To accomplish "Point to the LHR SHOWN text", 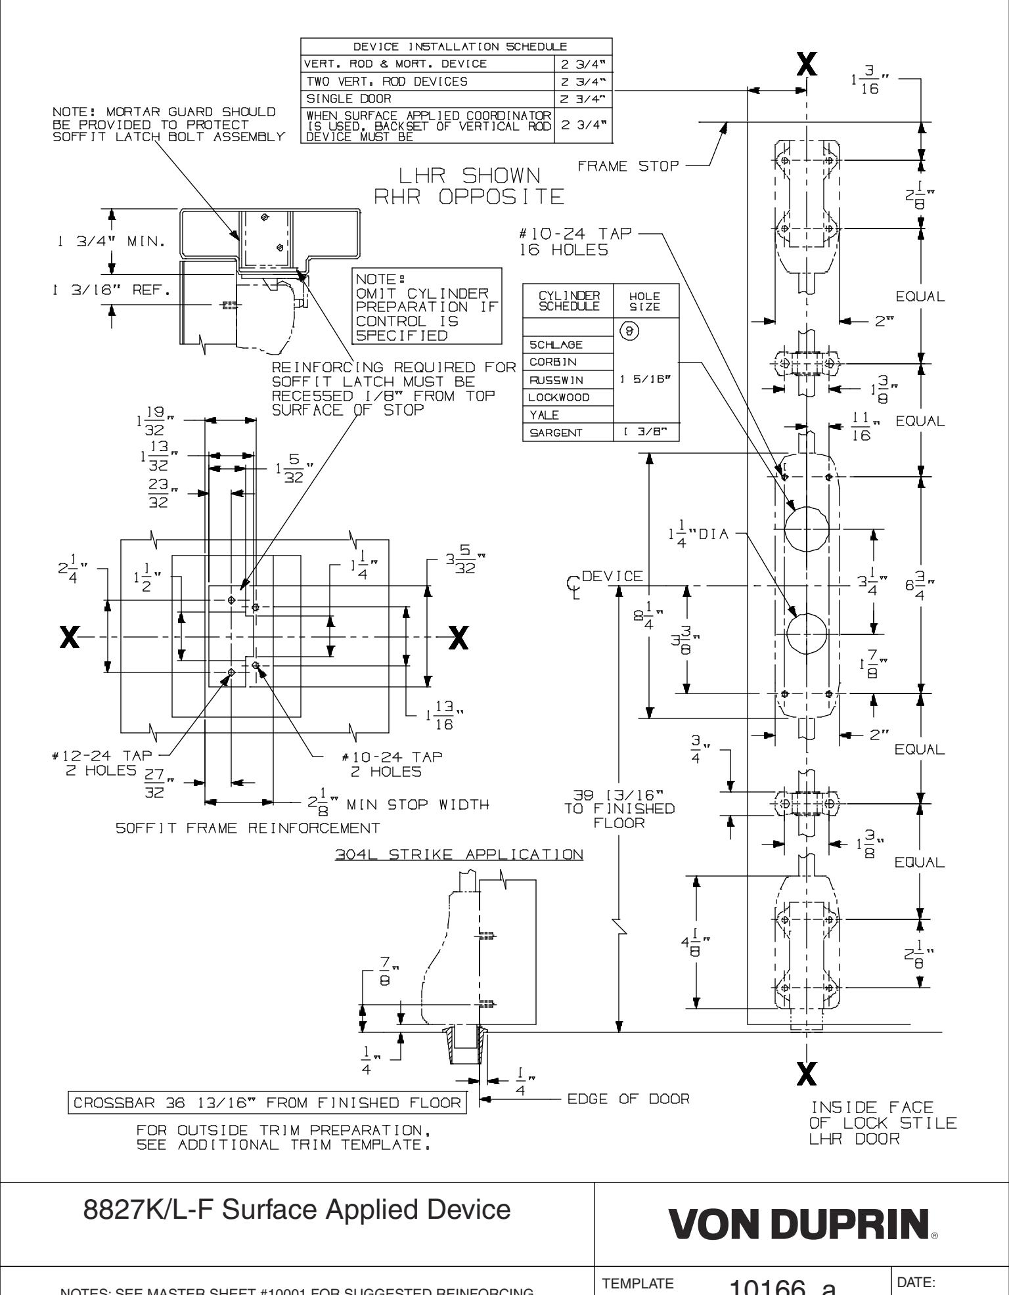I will (470, 175).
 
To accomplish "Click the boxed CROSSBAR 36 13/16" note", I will (267, 1102).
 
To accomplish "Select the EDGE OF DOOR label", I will (628, 1099).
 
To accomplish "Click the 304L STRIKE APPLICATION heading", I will (459, 854).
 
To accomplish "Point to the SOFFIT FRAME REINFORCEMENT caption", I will (248, 828).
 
